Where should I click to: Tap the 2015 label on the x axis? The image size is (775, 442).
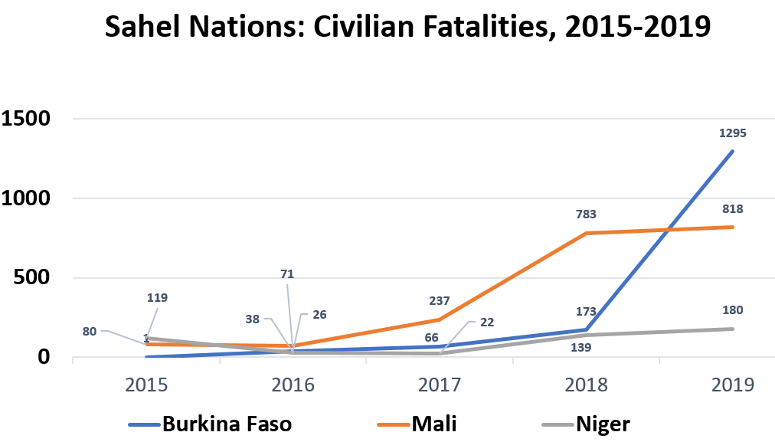[x=146, y=385]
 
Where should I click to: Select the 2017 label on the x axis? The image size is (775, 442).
[x=440, y=385]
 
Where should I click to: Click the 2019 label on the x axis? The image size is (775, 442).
[x=733, y=385]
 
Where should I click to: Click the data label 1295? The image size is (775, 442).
[x=732, y=133]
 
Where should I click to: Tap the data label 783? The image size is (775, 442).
[x=586, y=214]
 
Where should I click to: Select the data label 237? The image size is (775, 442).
[x=440, y=301]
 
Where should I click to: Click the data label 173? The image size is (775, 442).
[x=586, y=312]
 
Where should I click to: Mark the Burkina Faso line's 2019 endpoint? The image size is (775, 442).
[x=733, y=151]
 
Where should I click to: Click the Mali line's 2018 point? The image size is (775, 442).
[x=587, y=233]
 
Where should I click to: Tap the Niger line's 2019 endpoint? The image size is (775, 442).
[x=733, y=329]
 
